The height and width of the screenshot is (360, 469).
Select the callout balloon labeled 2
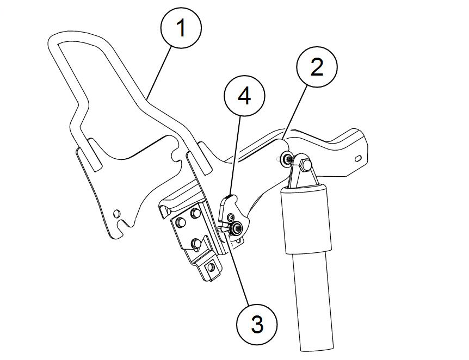pyautogui.click(x=317, y=67)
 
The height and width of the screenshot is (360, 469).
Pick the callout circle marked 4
pyautogui.click(x=244, y=97)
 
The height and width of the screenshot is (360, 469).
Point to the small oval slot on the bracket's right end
pyautogui.click(x=358, y=158)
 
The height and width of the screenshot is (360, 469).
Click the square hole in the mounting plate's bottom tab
pyautogui.click(x=211, y=269)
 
